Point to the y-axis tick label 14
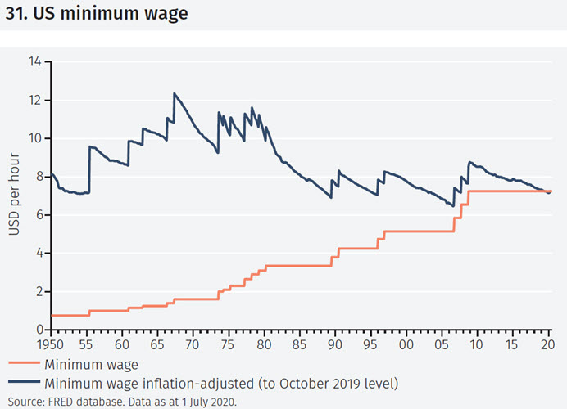pos(34,61)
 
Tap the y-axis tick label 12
pos(34,100)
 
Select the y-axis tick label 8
pos(37,176)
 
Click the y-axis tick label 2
pos(37,291)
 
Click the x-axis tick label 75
pos(228,344)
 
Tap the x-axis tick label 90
pos(334,344)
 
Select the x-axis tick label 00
pos(405,344)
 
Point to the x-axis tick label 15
pos(511,344)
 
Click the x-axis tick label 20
pos(547,344)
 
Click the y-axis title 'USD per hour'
pos(14,196)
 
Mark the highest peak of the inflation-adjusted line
pos(174,93)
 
